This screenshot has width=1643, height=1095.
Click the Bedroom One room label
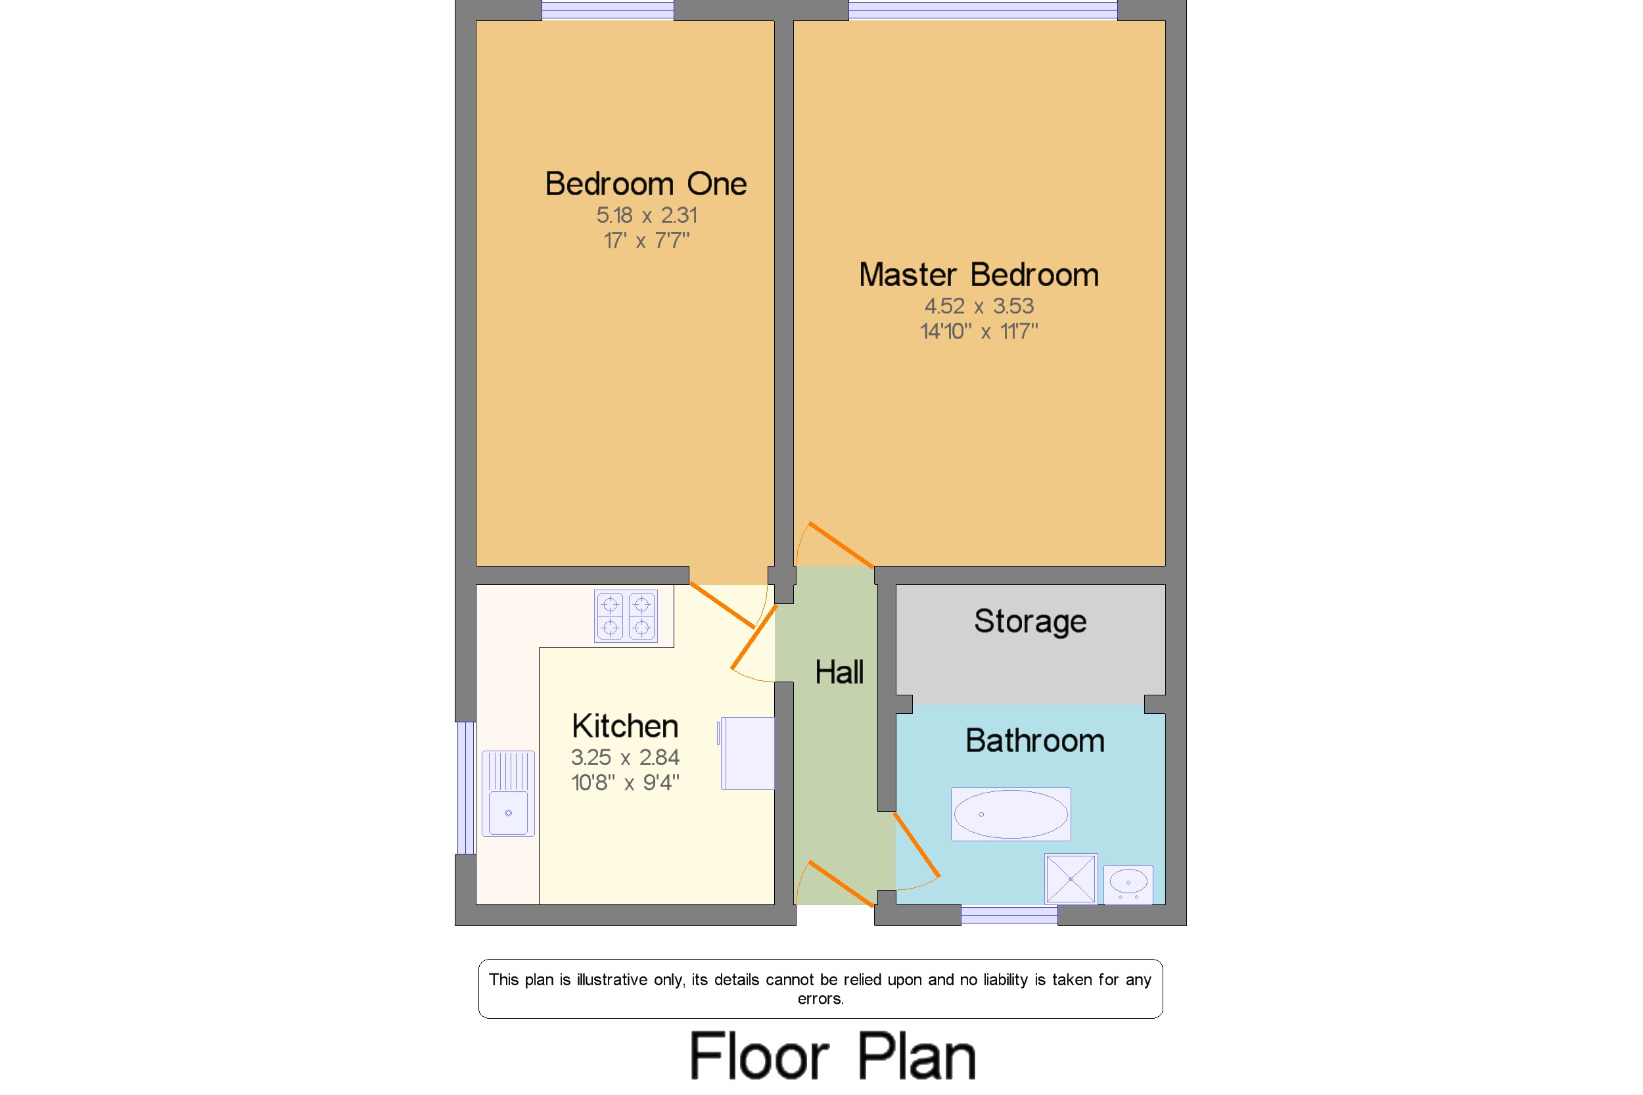[x=645, y=183]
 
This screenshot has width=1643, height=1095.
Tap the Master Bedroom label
[x=979, y=275]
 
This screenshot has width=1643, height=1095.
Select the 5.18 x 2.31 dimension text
[x=646, y=215]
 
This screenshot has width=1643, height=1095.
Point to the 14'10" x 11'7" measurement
[x=979, y=331]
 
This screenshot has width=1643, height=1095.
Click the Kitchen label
[x=624, y=726]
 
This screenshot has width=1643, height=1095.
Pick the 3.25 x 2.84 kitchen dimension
[x=624, y=757]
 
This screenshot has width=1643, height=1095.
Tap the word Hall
[x=839, y=672]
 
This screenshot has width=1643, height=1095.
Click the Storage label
[x=1030, y=622]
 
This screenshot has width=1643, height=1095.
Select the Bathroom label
[x=1034, y=740]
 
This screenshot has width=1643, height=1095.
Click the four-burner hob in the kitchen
[x=626, y=616]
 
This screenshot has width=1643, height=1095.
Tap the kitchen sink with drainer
[x=507, y=793]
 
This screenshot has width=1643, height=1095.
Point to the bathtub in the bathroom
[x=1010, y=814]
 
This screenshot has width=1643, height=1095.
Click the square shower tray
[x=1071, y=879]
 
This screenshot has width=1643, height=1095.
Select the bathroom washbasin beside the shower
[x=1128, y=884]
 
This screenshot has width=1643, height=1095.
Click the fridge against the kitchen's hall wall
[x=747, y=753]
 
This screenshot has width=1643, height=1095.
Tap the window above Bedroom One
[x=607, y=10]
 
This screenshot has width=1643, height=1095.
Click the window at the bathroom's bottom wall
[x=1009, y=915]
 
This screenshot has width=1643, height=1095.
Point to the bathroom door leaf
[x=917, y=845]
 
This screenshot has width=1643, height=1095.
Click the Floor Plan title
[x=832, y=1055]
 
